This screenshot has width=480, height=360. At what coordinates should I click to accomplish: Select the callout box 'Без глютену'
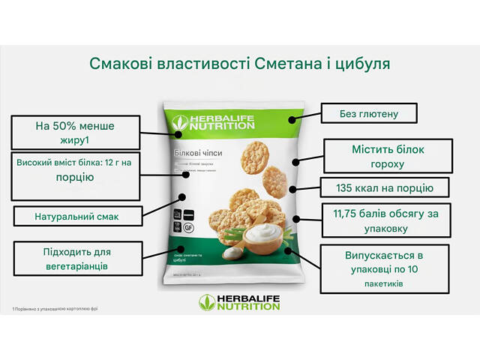tap(368, 114)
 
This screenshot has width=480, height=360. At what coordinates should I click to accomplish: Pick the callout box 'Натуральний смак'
tap(76, 217)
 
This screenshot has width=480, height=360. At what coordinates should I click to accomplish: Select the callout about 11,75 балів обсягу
tap(385, 220)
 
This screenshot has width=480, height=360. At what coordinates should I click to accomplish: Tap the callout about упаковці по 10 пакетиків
tap(383, 268)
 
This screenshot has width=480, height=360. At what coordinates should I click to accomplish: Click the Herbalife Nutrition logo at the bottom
tap(238, 301)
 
